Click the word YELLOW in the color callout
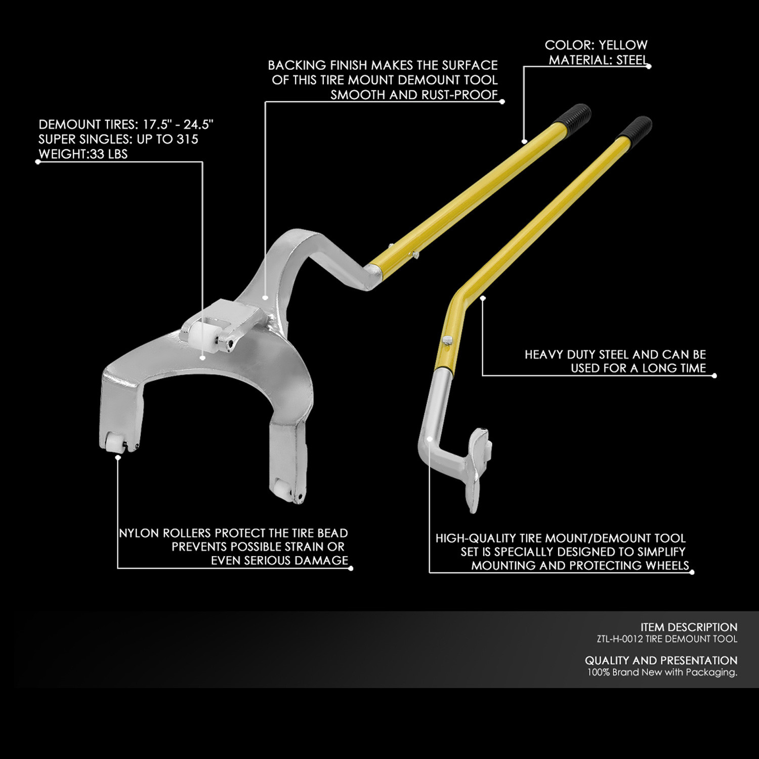coord(623,45)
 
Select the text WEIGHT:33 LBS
coord(83,154)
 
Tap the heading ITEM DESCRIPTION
coord(689,627)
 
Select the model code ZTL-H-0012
coord(620,639)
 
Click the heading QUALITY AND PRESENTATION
coord(661,660)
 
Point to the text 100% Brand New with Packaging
coord(662,672)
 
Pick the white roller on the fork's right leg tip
coord(281,489)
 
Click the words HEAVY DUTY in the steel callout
coord(561,355)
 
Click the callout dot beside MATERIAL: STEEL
coord(649,66)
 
